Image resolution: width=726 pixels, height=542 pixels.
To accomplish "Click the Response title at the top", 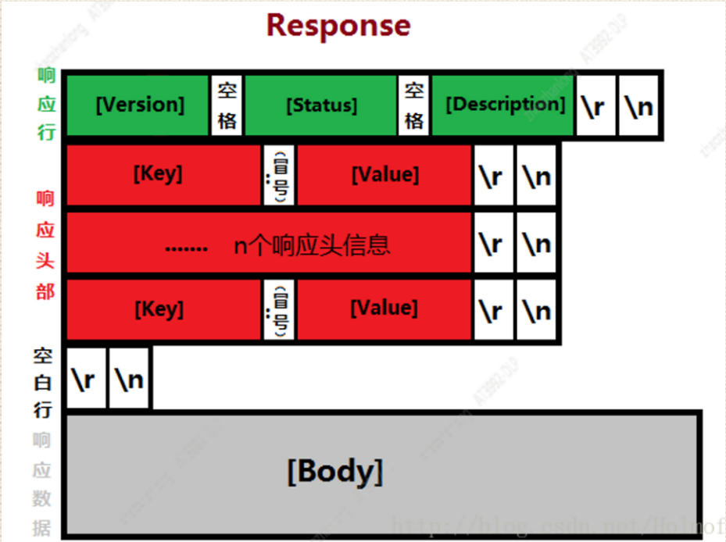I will [338, 25].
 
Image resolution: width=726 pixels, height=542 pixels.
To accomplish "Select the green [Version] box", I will [139, 105].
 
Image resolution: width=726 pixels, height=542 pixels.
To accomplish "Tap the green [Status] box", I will [321, 105].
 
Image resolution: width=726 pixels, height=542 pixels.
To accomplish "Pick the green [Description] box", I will [504, 105].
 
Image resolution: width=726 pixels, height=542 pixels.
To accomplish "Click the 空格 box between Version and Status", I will [227, 105].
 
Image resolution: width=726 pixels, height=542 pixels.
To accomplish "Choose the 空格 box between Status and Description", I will [414, 105].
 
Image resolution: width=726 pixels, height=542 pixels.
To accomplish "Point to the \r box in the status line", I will [594, 106].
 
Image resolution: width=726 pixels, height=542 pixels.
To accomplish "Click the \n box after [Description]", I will [638, 106].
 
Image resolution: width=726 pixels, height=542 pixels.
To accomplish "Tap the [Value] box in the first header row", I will [384, 174].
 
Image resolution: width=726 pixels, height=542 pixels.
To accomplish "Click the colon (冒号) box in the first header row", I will [279, 174].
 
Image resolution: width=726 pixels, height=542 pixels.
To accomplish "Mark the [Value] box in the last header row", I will [384, 309].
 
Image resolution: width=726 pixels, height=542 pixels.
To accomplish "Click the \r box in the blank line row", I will [86, 378].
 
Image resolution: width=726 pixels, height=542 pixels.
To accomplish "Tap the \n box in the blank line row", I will [130, 378].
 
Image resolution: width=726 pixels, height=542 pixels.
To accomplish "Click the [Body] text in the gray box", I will [335, 472].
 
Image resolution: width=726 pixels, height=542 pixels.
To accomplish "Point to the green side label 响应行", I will [45, 105].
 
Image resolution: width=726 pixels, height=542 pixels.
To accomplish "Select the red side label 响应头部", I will [45, 245].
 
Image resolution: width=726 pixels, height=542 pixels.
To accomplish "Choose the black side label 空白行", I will [43, 383].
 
